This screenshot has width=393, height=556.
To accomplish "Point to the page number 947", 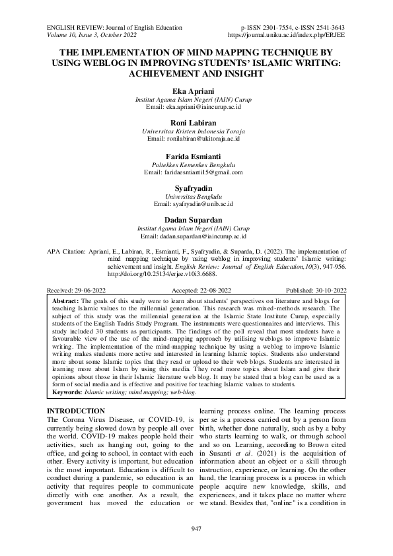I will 196,530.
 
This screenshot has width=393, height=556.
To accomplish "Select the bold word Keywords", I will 67,392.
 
